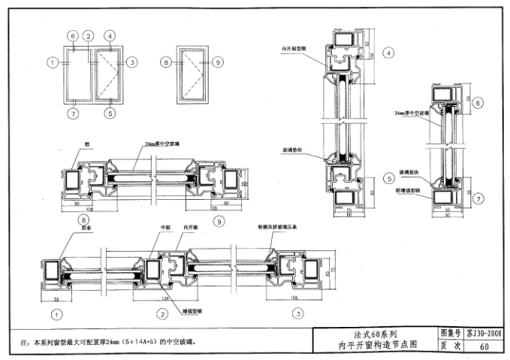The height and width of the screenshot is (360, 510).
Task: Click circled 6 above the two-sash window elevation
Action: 73,36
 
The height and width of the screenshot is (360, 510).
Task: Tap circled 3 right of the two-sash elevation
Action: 131,63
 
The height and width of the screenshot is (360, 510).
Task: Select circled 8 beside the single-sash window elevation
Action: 166,63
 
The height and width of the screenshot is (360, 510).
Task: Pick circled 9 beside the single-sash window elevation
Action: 218,63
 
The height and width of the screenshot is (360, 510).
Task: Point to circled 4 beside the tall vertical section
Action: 388,53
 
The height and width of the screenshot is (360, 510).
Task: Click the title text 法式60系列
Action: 374,334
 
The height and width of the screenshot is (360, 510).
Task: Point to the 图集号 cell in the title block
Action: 449,333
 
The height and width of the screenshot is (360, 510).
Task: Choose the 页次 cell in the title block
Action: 449,346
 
